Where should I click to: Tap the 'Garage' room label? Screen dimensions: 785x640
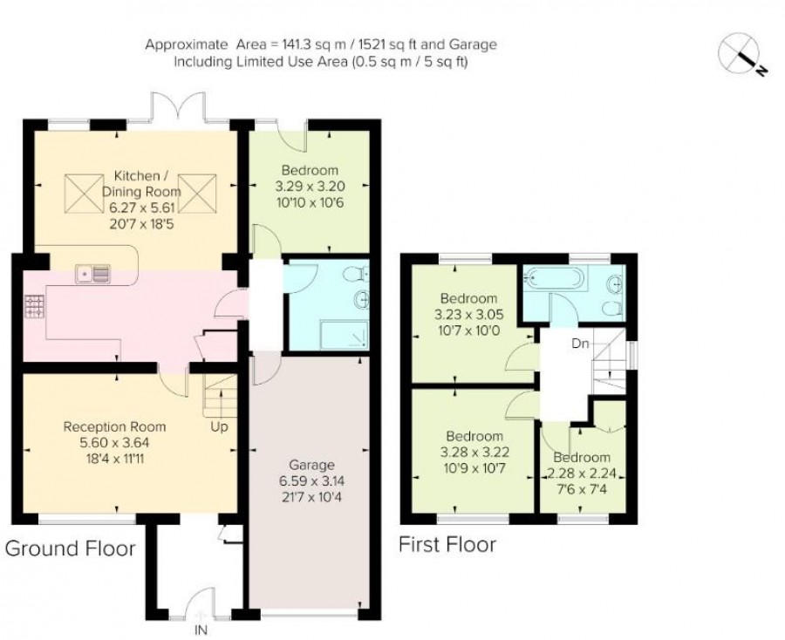311,465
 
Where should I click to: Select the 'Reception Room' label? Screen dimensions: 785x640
114,427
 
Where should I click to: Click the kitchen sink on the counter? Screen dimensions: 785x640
93,274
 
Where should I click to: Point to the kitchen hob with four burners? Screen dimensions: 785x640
34,306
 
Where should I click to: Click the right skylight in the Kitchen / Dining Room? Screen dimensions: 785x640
198,193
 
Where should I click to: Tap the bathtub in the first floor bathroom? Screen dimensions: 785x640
553,276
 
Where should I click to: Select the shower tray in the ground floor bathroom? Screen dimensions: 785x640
344,336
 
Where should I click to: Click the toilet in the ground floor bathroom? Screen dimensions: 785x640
357,274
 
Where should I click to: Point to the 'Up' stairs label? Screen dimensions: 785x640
219,427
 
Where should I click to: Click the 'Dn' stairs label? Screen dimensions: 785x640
580,344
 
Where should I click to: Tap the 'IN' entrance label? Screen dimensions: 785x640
201,630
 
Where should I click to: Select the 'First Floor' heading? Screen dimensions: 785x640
447,544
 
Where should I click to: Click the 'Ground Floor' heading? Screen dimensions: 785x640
70,548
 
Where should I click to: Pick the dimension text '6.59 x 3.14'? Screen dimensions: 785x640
311,481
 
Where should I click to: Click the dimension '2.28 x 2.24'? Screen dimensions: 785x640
581,473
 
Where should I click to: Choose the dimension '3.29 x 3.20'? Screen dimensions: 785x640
310,186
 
